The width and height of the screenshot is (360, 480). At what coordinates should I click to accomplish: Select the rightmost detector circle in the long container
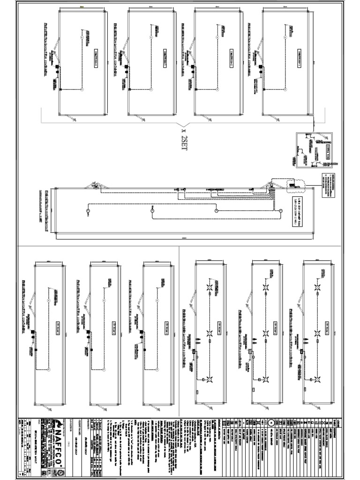[x=280, y=212]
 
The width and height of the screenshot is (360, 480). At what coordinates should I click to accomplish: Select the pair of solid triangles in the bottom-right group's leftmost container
[x=200, y=342]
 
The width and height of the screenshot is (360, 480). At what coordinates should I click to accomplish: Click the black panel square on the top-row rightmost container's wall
[x=257, y=67]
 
